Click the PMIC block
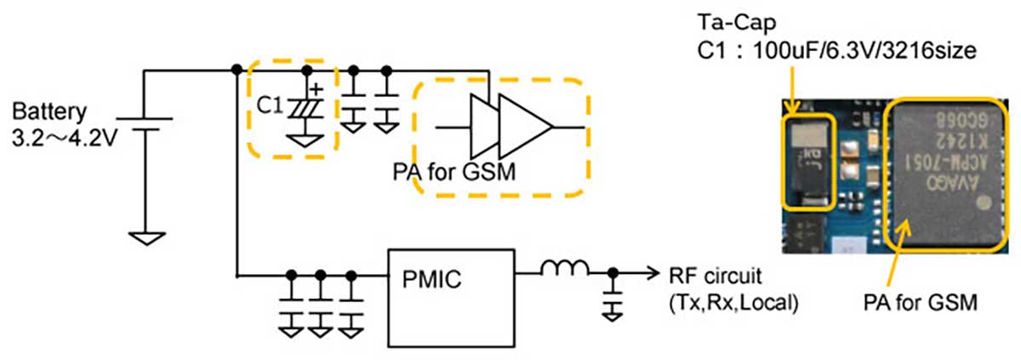tap(451, 278)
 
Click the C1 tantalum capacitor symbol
tap(304, 108)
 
